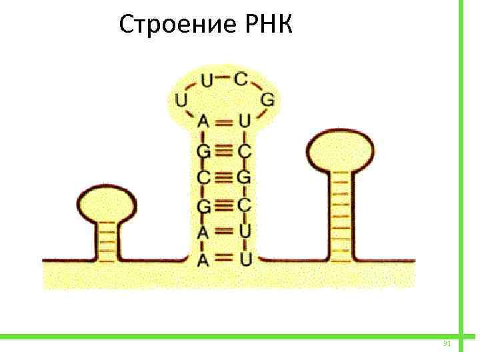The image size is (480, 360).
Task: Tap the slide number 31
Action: [x=447, y=344]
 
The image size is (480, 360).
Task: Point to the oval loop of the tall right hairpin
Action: [x=339, y=151]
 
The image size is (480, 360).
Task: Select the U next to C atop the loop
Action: [x=207, y=81]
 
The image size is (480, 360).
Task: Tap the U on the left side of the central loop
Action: [x=181, y=101]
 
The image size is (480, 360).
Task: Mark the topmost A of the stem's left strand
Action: [x=203, y=122]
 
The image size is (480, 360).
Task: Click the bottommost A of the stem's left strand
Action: [x=203, y=259]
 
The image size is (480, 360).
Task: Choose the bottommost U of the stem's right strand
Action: [x=245, y=259]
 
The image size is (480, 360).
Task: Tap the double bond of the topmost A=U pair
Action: [x=224, y=122]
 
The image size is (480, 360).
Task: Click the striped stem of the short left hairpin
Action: [x=106, y=240]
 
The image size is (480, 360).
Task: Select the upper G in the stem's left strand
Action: [x=203, y=151]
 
